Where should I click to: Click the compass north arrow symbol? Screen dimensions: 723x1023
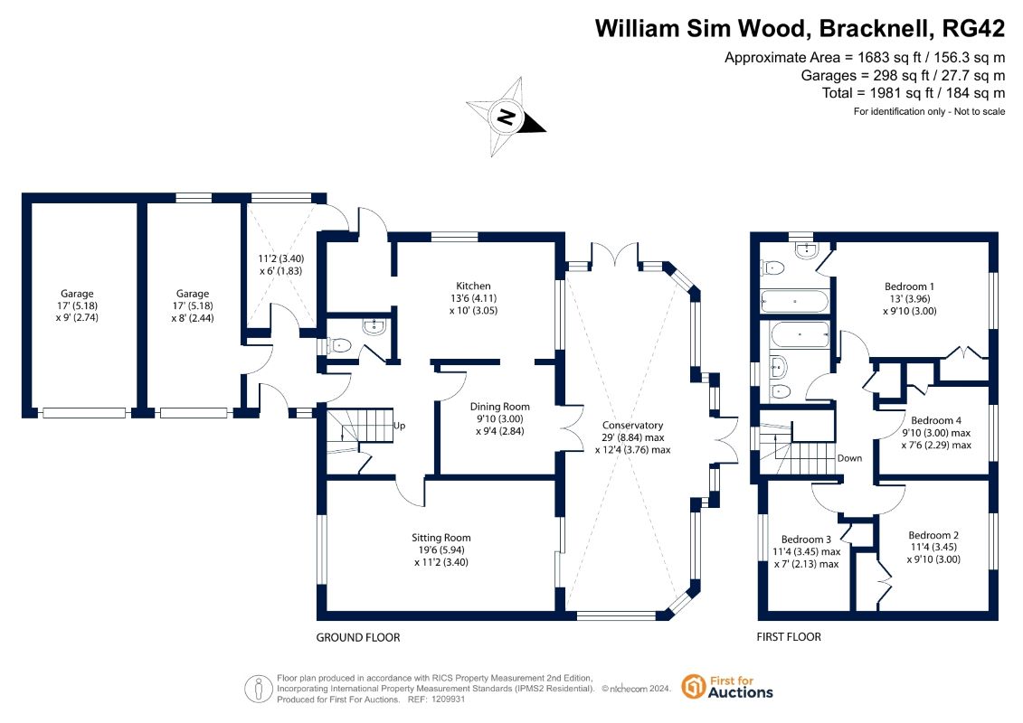507,117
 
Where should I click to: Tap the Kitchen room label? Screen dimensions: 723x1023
474,286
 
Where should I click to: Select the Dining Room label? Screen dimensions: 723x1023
499,407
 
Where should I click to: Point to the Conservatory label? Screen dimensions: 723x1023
633,426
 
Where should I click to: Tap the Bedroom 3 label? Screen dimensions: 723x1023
806,540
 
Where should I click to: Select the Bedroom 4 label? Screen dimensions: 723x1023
936,420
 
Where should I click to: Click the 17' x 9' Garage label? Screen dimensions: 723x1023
77,294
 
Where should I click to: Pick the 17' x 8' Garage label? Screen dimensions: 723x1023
192,294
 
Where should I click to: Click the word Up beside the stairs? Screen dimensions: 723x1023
399,425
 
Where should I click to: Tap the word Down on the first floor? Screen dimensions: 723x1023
849,458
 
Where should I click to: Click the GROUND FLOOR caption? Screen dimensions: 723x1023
357,637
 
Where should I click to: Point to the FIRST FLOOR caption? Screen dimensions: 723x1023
789,637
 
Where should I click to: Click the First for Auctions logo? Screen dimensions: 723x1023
728,687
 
